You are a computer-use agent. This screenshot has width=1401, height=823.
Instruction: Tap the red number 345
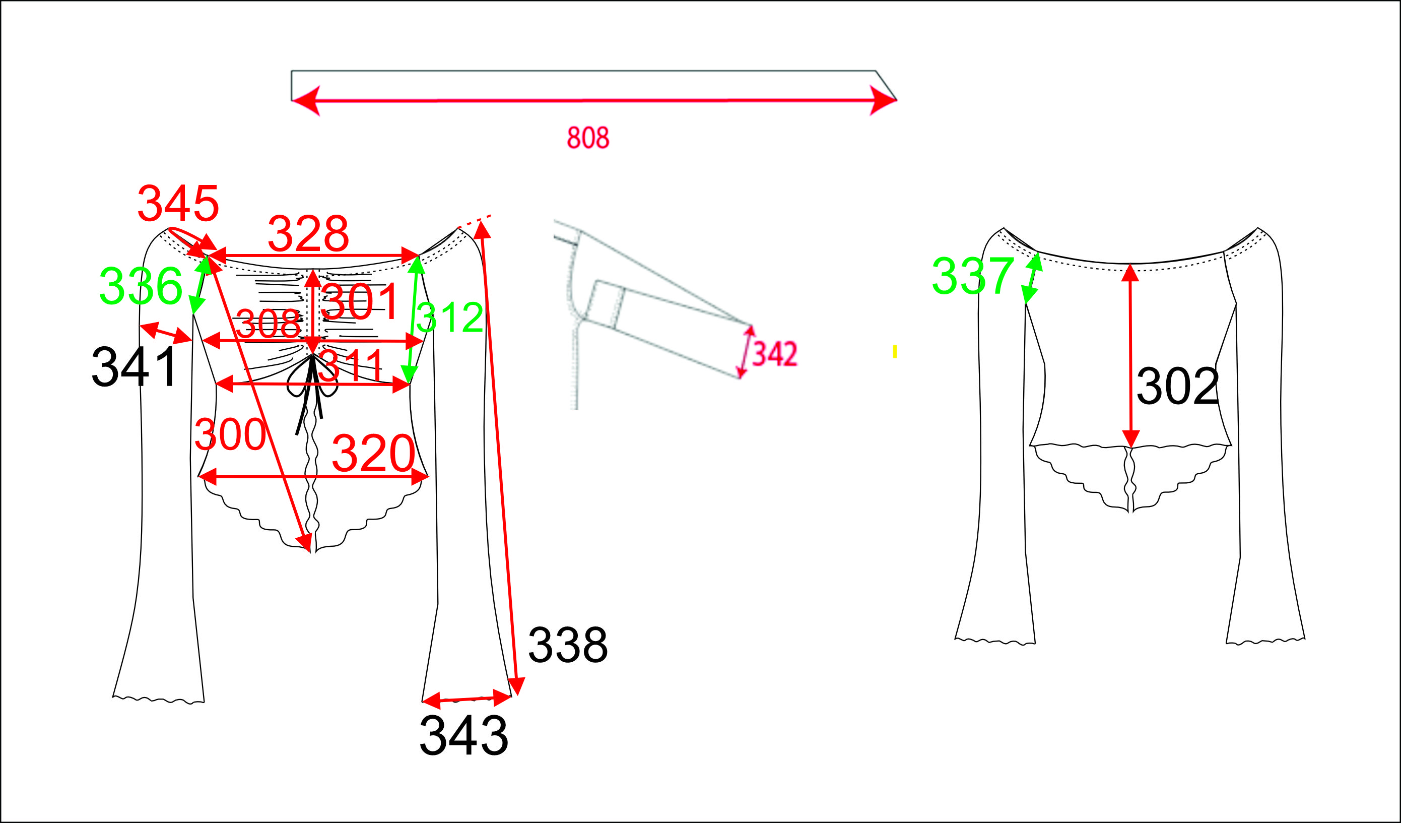pyautogui.click(x=178, y=204)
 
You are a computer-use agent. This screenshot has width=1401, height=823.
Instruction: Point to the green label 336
pyautogui.click(x=141, y=286)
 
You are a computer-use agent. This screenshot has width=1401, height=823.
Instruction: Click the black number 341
pyautogui.click(x=134, y=367)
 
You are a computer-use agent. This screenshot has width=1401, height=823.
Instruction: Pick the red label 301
pyautogui.click(x=359, y=302)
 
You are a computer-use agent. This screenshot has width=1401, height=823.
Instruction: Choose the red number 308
pyautogui.click(x=268, y=324)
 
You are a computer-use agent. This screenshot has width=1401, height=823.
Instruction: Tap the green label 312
pyautogui.click(x=449, y=318)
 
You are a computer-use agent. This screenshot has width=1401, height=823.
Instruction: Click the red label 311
pyautogui.click(x=351, y=365)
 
